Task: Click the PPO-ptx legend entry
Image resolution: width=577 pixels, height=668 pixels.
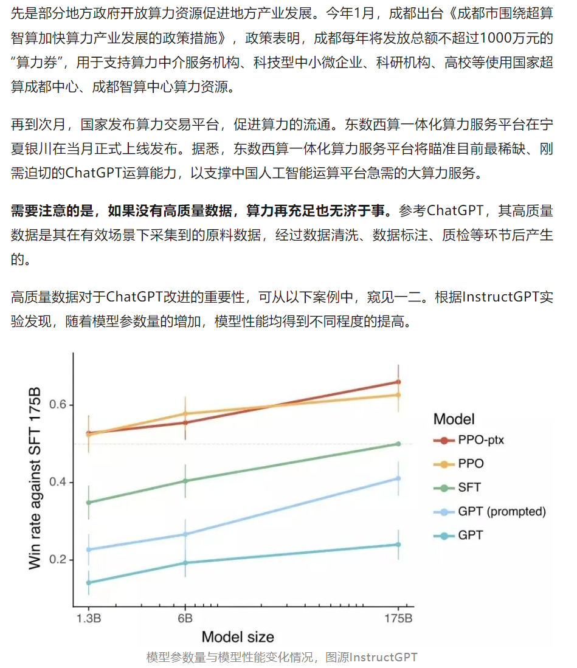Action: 480,439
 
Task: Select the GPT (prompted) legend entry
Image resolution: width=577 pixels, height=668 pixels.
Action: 502,511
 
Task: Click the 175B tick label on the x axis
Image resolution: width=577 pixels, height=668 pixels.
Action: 399,619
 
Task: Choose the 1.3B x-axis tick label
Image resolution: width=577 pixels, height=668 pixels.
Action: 89,619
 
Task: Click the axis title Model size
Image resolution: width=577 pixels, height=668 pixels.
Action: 238,637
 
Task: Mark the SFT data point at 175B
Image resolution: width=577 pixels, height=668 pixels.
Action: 398,444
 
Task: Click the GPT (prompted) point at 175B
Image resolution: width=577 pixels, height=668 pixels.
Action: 398,478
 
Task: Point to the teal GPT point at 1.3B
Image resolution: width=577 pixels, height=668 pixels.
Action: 89,582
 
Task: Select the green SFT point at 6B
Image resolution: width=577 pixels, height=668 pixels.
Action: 185,481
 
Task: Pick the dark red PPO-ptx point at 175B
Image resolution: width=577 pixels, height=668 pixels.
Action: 398,382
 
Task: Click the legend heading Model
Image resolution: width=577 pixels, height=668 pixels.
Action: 454,419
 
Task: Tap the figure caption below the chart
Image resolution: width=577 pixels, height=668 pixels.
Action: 282,657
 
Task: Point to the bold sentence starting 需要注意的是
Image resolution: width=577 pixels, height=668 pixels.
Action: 201,212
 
